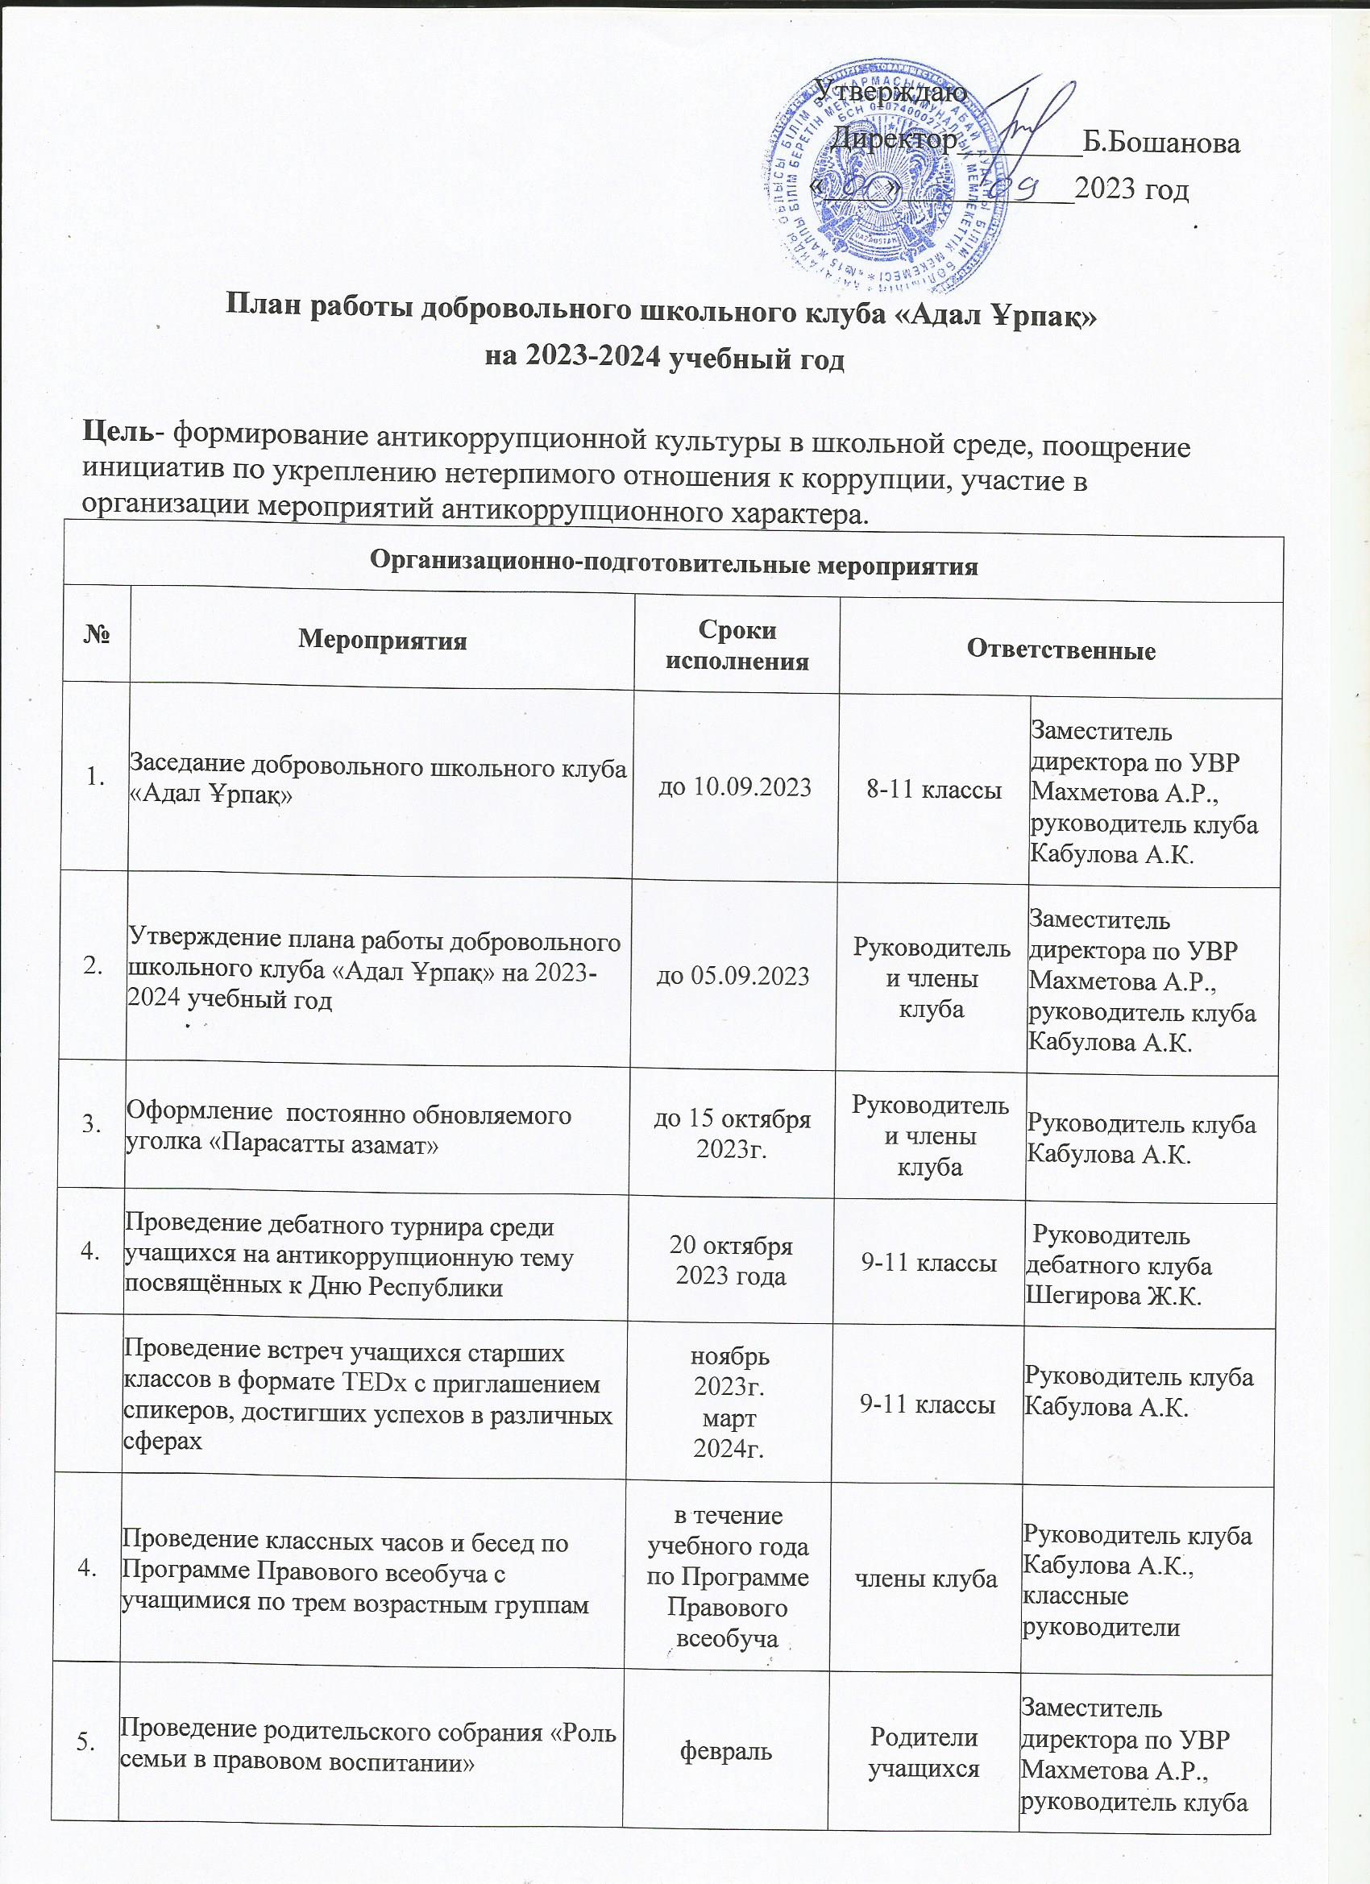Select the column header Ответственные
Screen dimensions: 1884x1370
tap(1060, 649)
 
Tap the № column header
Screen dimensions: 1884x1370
tap(98, 639)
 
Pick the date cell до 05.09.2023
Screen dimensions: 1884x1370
tap(733, 976)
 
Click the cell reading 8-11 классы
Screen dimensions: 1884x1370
tap(935, 791)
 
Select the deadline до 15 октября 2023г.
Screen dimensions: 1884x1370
tap(733, 1134)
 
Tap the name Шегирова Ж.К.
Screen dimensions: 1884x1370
tap(1114, 1296)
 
